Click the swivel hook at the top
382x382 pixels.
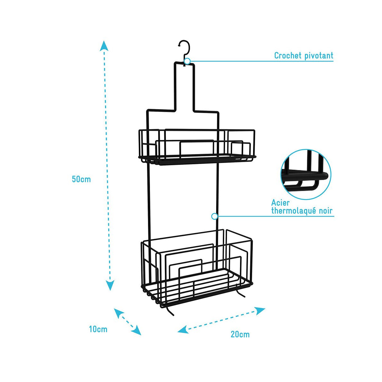(x=185, y=48)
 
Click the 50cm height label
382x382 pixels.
(x=81, y=179)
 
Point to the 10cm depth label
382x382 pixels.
(x=98, y=329)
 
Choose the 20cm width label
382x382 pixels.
(x=240, y=334)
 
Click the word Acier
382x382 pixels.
(x=280, y=203)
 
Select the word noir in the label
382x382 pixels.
(x=325, y=211)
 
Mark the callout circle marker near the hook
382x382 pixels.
(x=187, y=61)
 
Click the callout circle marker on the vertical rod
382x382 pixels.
(x=215, y=216)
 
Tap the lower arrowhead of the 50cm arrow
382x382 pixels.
(x=110, y=285)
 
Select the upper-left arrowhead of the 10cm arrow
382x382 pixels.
(x=118, y=313)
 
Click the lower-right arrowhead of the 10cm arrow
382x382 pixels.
(x=137, y=331)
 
